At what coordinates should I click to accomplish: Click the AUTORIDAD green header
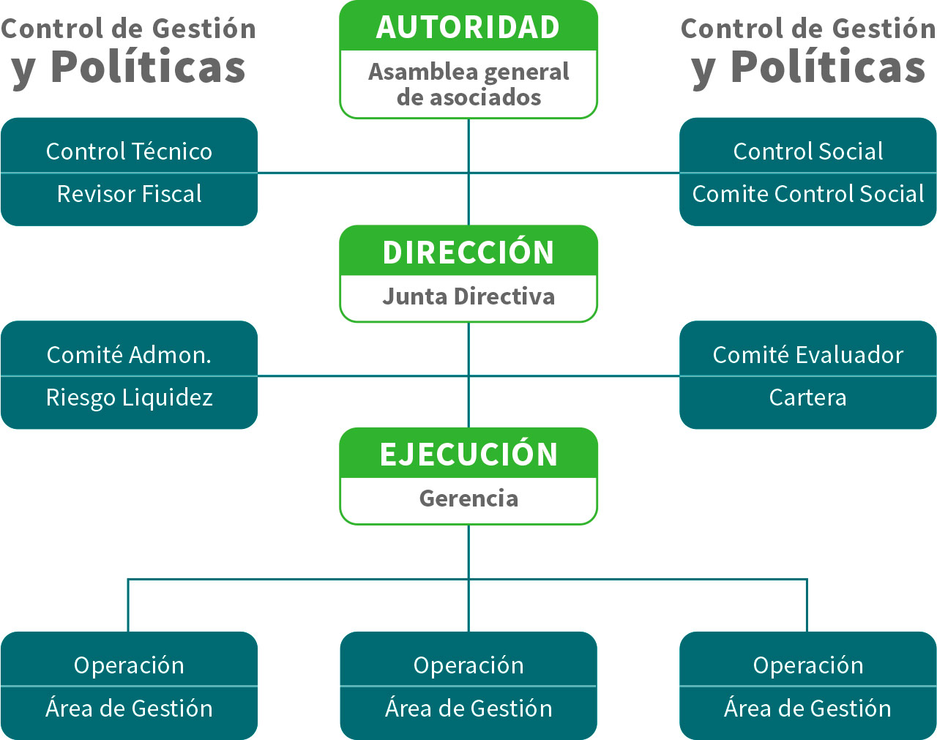pyautogui.click(x=468, y=27)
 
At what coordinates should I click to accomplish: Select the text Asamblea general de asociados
pyautogui.click(x=468, y=84)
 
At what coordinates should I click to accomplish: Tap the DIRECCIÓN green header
pyautogui.click(x=468, y=252)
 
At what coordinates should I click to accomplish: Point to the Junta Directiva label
pyautogui.click(x=468, y=296)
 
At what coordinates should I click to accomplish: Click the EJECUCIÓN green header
pyautogui.click(x=468, y=454)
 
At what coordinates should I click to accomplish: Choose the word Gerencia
pyautogui.click(x=468, y=498)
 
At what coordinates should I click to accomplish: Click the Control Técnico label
pyautogui.click(x=129, y=152)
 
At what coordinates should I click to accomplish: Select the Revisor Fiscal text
pyautogui.click(x=129, y=194)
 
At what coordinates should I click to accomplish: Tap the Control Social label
pyautogui.click(x=807, y=152)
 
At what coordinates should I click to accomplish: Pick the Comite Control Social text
pyautogui.click(x=807, y=194)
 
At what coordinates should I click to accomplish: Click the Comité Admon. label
pyautogui.click(x=129, y=355)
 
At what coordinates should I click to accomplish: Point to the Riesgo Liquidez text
pyautogui.click(x=129, y=397)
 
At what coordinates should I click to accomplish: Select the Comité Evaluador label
pyautogui.click(x=807, y=355)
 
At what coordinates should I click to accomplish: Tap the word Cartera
pyautogui.click(x=807, y=397)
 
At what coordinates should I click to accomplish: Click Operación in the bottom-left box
pyautogui.click(x=129, y=665)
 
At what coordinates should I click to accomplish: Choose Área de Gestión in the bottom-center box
pyautogui.click(x=468, y=709)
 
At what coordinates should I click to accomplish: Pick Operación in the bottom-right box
pyautogui.click(x=807, y=665)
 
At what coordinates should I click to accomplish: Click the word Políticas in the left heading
pyautogui.click(x=148, y=67)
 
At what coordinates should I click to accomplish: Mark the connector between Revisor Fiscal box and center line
pyautogui.click(x=362, y=173)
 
